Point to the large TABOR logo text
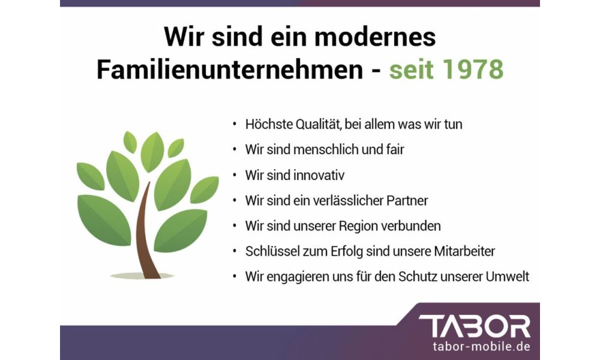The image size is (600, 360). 475,326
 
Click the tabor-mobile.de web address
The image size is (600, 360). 481,347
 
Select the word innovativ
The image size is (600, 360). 320,175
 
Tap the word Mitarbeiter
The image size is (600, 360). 464,251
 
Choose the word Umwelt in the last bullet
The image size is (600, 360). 508,277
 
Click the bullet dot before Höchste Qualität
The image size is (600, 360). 235,124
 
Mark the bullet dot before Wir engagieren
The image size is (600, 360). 235,276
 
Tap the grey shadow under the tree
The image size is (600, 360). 142,275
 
